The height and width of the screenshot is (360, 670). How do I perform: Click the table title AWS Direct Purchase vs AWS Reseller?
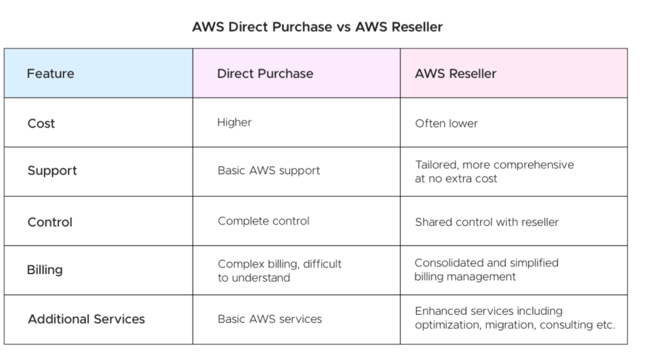317,27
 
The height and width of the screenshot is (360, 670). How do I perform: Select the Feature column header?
50,73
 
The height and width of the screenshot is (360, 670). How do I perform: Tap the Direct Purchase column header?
265,73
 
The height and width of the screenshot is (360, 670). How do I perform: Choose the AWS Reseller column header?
455,73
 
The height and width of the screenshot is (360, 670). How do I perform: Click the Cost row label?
41,124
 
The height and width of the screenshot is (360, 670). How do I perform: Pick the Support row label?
52,171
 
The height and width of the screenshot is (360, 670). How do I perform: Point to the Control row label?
50,223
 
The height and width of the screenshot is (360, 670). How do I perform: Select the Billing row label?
45,270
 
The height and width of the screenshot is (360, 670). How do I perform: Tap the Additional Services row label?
86,319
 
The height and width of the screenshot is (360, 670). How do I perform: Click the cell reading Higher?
234,122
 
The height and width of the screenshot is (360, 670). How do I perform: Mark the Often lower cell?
446,124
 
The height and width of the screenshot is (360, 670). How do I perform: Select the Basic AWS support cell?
269,171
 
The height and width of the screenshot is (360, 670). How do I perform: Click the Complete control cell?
264,221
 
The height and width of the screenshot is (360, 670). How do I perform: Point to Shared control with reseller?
487,223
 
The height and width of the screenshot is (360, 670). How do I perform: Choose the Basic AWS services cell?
270,319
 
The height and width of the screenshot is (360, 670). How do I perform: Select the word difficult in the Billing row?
322,264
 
